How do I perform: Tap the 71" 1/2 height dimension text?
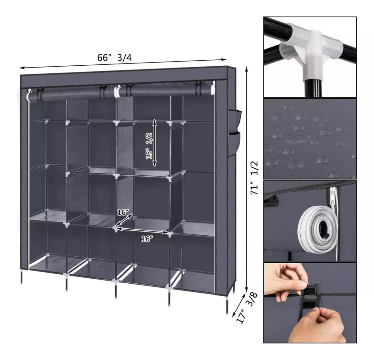pyautogui.click(x=254, y=178)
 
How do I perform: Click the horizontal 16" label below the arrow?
pyautogui.click(x=147, y=239)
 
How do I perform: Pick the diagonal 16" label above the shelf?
pyautogui.click(x=123, y=212)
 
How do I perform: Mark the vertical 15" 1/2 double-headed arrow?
pyautogui.click(x=155, y=143)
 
